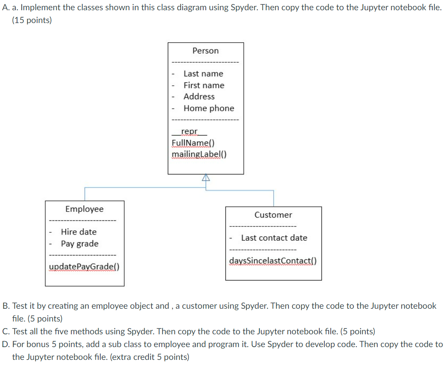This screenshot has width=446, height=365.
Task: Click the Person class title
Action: tap(205, 51)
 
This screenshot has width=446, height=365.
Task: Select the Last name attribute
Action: tap(203, 74)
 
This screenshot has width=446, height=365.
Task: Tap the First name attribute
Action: tap(204, 85)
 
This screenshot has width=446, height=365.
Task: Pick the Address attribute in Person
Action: tap(199, 97)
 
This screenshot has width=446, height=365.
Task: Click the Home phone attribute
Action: tap(209, 108)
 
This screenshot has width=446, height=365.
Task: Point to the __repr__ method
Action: tap(189, 131)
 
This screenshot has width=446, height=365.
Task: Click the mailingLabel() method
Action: tap(199, 154)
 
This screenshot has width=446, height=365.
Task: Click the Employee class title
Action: tap(84, 209)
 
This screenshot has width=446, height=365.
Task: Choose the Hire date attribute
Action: tap(79, 232)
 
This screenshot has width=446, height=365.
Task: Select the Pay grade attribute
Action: tap(79, 244)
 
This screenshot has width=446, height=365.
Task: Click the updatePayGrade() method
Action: tap(84, 267)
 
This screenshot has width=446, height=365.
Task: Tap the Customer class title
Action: tap(273, 215)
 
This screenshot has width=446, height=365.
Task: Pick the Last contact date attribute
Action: tap(274, 238)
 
